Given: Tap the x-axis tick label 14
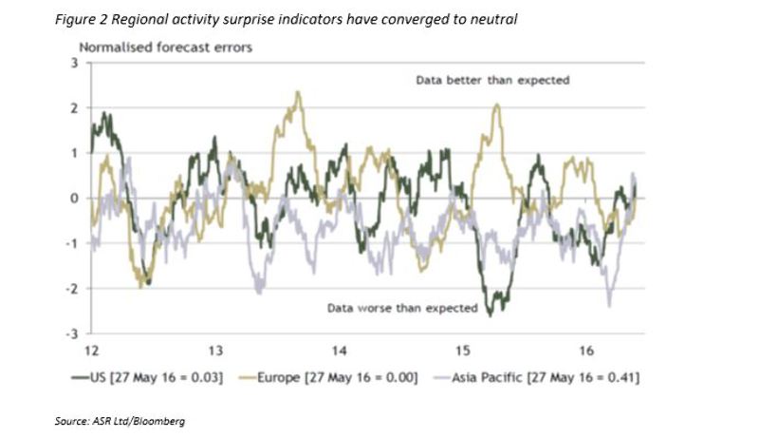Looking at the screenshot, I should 339,350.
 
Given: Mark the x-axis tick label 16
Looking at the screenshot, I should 586,350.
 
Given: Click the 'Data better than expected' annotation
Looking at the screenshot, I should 492,81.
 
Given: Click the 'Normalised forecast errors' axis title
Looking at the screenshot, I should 165,47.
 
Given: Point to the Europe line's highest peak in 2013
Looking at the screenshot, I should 299,92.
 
